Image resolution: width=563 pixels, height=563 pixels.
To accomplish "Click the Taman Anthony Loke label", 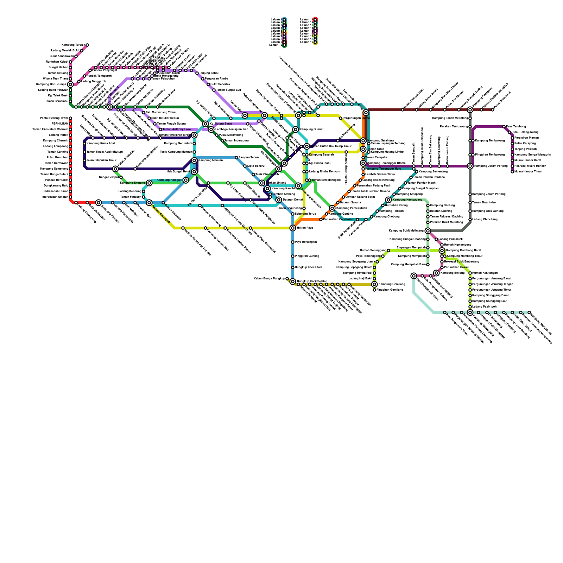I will click(177, 129).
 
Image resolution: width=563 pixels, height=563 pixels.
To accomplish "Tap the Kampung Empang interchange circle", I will click(149, 183).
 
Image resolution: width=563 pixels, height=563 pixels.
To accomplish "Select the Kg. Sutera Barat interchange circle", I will click(205, 124).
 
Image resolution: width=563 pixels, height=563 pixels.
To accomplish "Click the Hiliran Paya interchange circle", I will click(293, 228).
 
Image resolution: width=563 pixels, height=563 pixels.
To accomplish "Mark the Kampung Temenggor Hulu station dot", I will click(363, 169).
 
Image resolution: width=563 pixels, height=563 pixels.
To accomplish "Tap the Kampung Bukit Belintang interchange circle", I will click(428, 231).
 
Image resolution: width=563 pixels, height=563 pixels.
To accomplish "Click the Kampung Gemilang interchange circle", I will click(374, 284).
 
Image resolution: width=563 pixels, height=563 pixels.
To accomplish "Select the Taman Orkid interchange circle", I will click(363, 149).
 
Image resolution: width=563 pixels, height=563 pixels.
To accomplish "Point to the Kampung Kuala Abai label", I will click(101, 144).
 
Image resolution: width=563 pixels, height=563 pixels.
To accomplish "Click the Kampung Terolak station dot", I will click(87, 45).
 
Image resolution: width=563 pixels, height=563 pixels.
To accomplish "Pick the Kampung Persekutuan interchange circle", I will click(332, 208).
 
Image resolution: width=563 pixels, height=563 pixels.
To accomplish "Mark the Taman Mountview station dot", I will click(470, 203).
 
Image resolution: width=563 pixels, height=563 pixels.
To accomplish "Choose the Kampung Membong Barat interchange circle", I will click(442, 251).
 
